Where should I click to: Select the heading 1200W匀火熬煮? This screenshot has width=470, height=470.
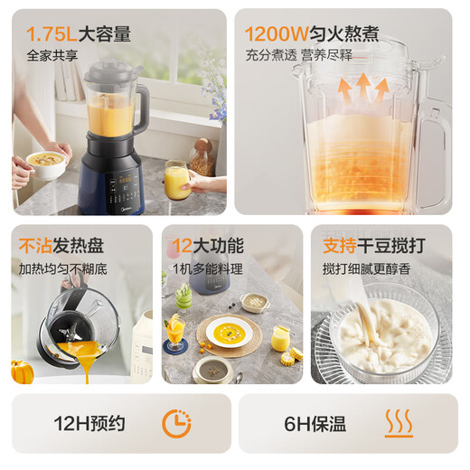coord(311,35)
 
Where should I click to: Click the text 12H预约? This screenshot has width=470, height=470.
coord(89,423)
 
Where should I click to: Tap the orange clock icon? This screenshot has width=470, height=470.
coord(175,423)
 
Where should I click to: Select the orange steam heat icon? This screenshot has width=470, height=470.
coord(399,423)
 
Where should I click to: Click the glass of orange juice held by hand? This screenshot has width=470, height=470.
coord(177,181)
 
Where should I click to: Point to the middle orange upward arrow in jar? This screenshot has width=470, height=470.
coord(362,91)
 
